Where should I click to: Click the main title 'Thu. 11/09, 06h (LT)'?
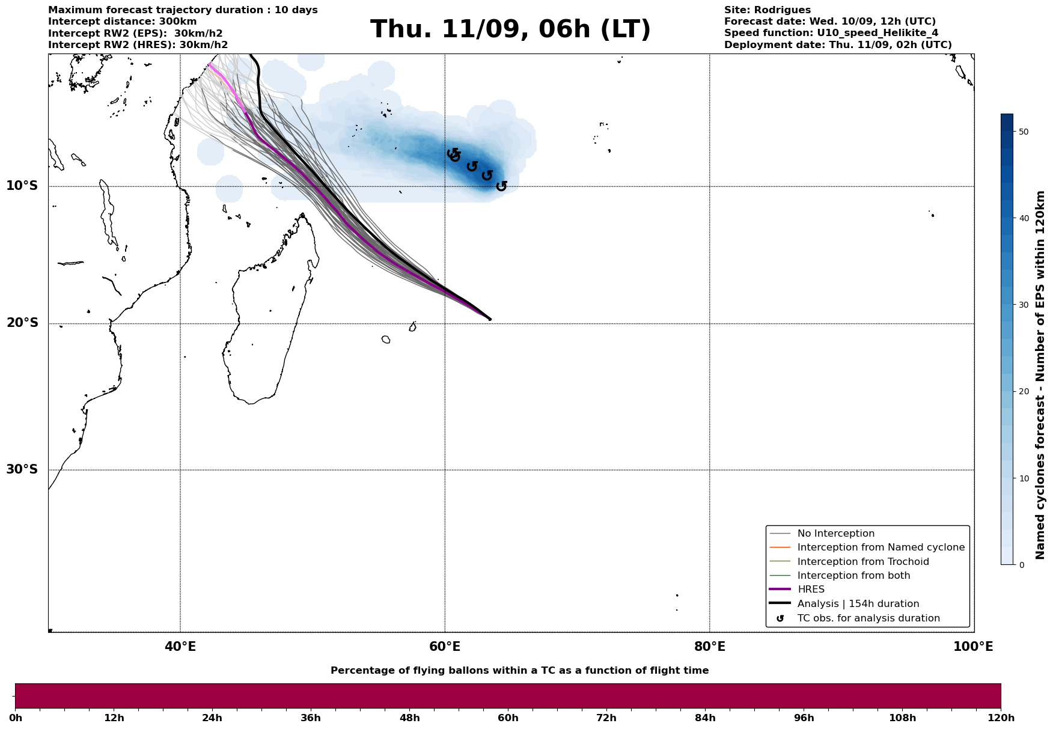(510, 29)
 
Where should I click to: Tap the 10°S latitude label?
(22, 186)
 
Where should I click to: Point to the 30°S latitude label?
(22, 469)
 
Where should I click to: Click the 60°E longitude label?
(445, 647)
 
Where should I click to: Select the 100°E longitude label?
(973, 647)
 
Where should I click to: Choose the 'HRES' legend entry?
(811, 590)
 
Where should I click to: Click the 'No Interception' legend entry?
(835, 534)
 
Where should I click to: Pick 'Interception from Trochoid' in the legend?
(862, 562)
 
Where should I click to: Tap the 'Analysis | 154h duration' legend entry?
(858, 604)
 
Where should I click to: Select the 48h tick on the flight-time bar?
(409, 718)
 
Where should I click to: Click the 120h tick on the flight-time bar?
(1001, 718)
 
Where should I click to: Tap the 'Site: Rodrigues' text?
(767, 10)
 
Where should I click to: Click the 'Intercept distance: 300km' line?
(122, 22)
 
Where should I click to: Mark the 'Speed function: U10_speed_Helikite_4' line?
(831, 33)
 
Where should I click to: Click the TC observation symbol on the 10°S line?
(501, 186)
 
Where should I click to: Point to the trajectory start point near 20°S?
(490, 319)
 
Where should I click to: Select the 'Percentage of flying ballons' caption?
(519, 671)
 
